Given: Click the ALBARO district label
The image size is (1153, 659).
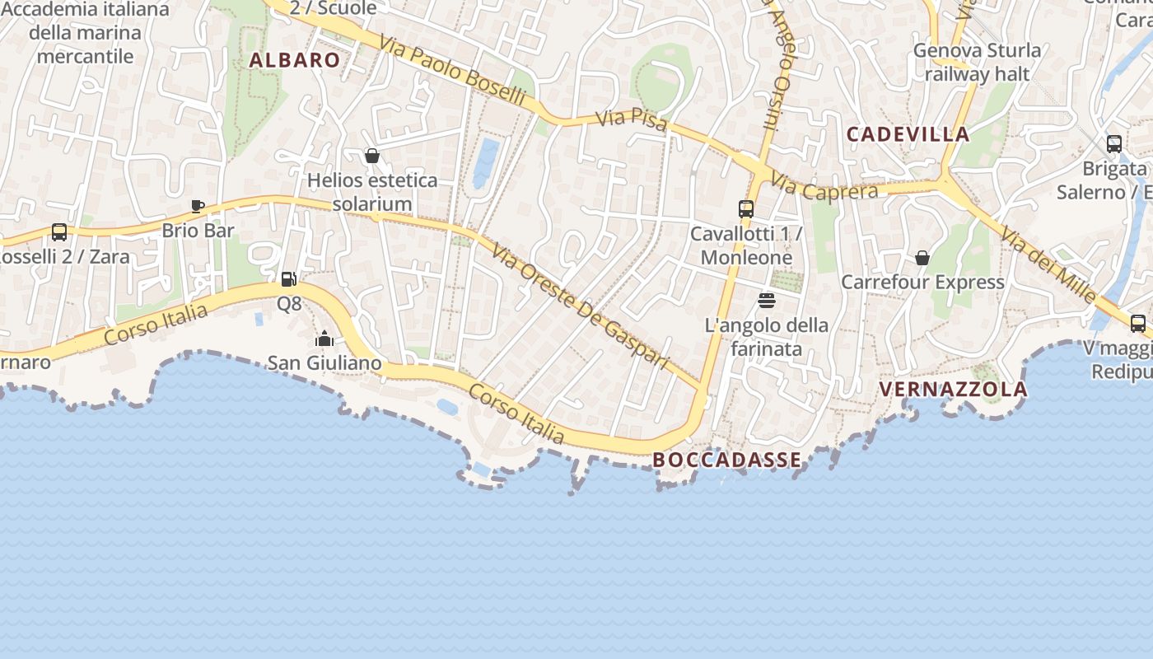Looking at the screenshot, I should click(294, 60).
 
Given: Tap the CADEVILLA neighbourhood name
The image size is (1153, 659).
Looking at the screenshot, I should click(908, 134).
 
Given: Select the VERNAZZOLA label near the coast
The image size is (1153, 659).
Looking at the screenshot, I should click(953, 389).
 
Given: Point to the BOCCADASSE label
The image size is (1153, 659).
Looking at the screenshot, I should click(726, 460).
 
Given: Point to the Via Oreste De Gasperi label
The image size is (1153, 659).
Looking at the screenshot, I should click(580, 306).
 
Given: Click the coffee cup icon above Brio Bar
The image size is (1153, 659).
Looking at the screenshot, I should click(197, 206).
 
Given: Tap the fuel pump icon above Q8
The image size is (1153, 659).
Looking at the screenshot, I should click(288, 279).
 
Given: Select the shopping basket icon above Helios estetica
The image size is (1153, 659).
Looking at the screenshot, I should click(371, 156).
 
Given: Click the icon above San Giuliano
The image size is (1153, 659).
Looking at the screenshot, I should click(324, 339).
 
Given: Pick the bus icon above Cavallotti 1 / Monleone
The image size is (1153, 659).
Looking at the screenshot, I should click(746, 209).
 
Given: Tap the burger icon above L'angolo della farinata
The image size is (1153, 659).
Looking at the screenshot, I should click(767, 300).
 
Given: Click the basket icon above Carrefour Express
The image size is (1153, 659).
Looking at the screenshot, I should click(922, 258).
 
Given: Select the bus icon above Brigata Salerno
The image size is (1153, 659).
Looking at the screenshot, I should click(1114, 144).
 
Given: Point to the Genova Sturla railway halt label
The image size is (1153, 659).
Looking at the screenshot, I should click(977, 62).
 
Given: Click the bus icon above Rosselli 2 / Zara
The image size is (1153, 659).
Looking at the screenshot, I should click(59, 232).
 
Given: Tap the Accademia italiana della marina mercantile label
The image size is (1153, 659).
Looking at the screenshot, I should click(86, 33).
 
